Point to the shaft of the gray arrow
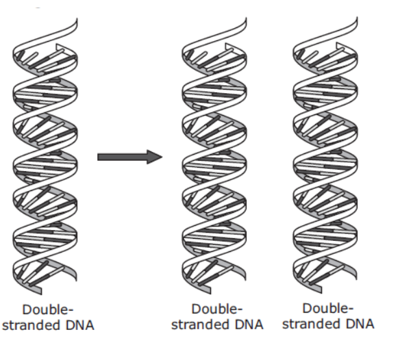tap(122, 157)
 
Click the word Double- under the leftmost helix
tap(48, 310)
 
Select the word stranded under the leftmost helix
tap(32, 325)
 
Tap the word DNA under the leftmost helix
tap(80, 325)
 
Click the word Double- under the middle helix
tap(216, 309)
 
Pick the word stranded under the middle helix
tap(200, 324)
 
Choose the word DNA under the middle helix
tap(249, 324)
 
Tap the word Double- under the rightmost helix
tap(328, 308)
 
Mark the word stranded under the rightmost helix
tap(312, 324)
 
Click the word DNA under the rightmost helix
tap(360, 324)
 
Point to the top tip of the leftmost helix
tap(77, 18)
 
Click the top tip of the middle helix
tap(246, 18)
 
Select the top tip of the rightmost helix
tap(357, 17)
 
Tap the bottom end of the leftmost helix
tap(41, 294)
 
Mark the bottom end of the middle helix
tap(210, 294)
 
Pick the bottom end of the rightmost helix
tap(321, 293)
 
